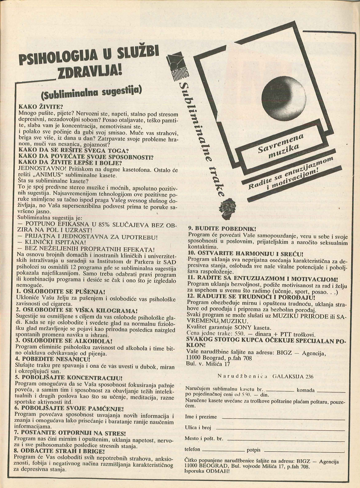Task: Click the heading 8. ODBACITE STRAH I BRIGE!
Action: [59, 451]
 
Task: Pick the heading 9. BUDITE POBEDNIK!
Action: [222, 229]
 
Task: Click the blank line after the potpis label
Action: [303, 451]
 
